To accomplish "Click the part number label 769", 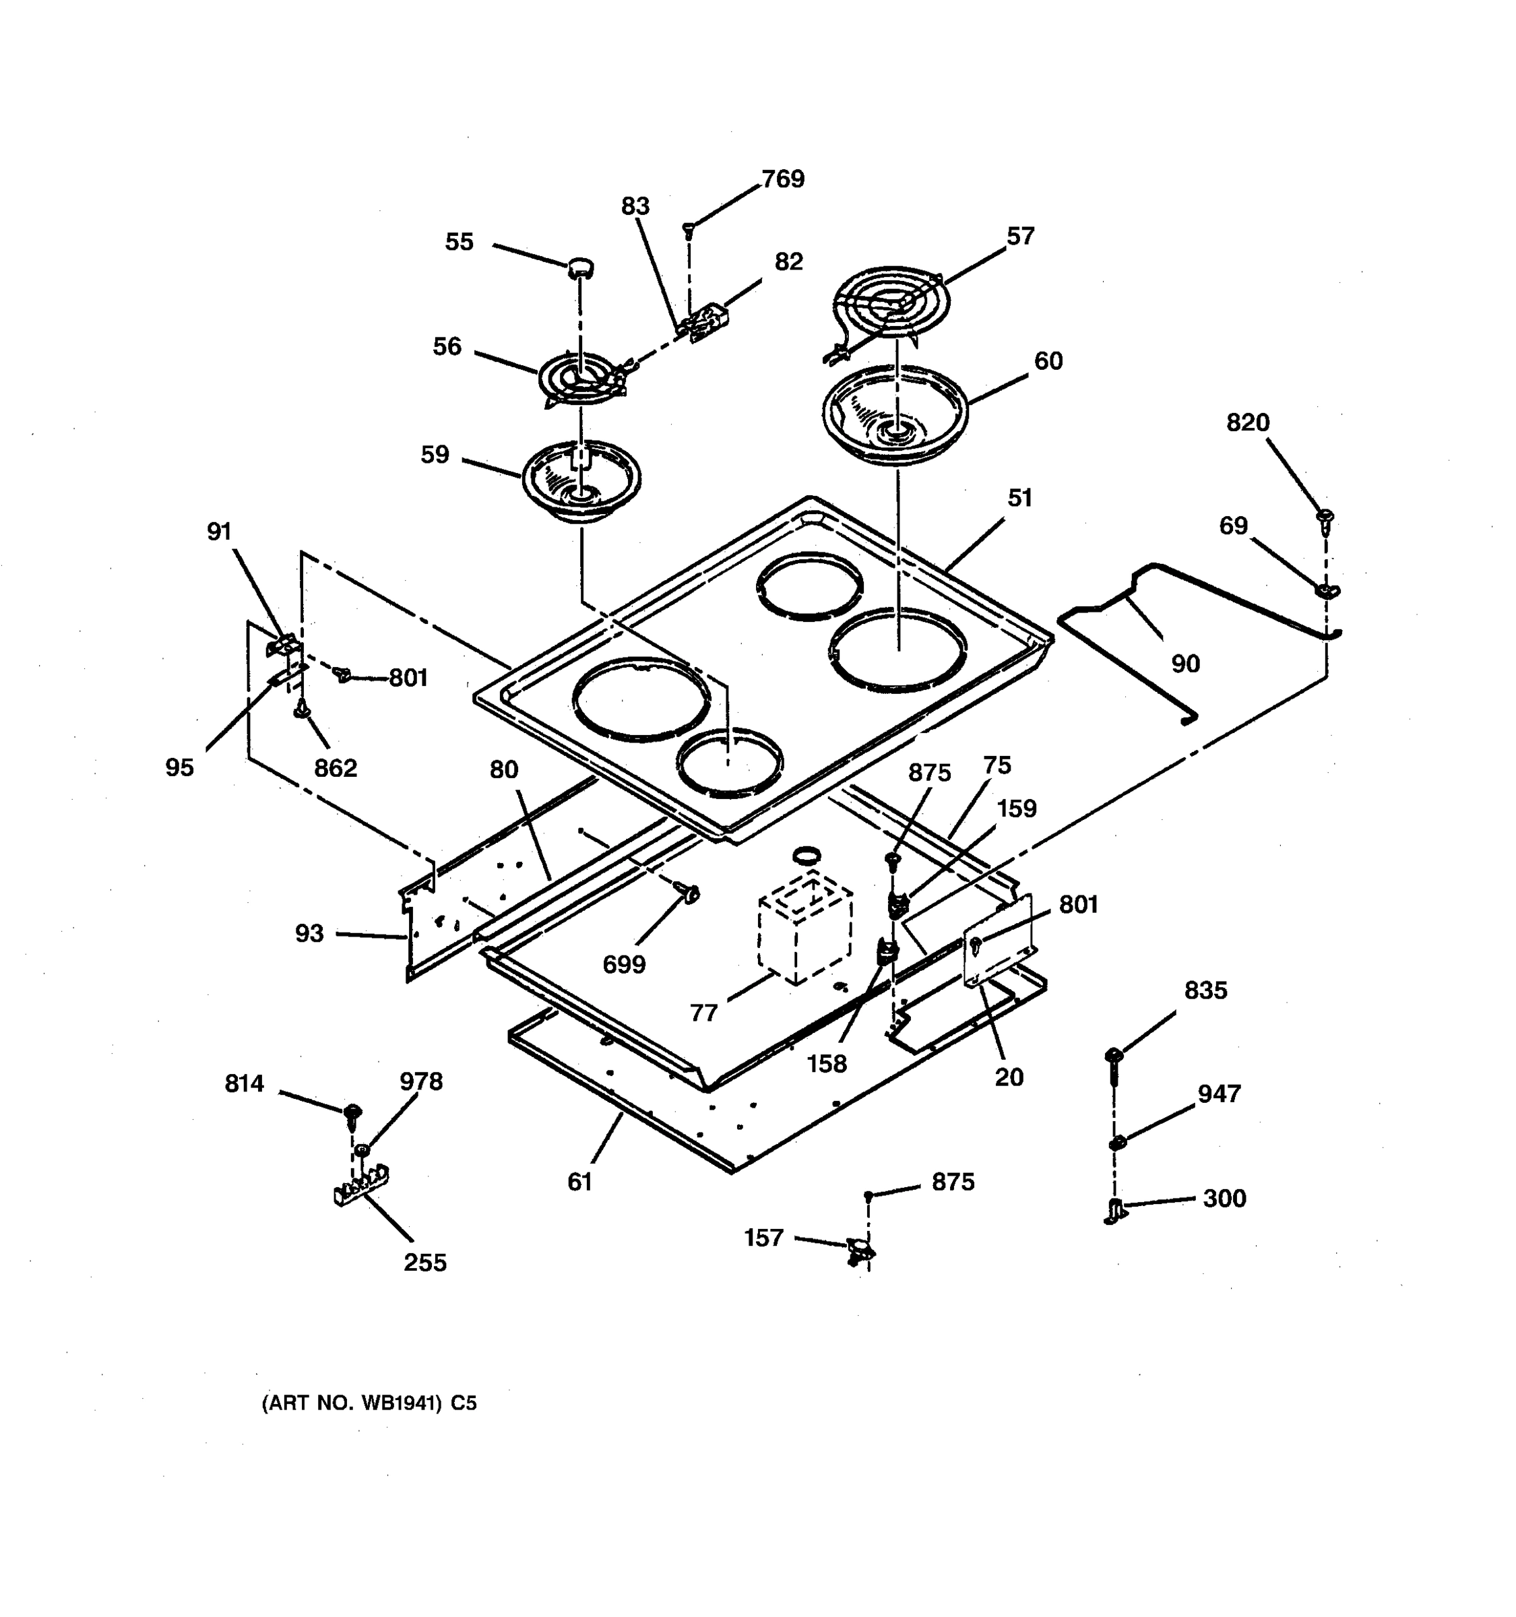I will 782,179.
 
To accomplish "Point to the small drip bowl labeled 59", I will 581,480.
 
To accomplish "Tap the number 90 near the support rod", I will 1185,664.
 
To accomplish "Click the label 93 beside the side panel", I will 309,933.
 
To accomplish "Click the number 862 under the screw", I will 335,768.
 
